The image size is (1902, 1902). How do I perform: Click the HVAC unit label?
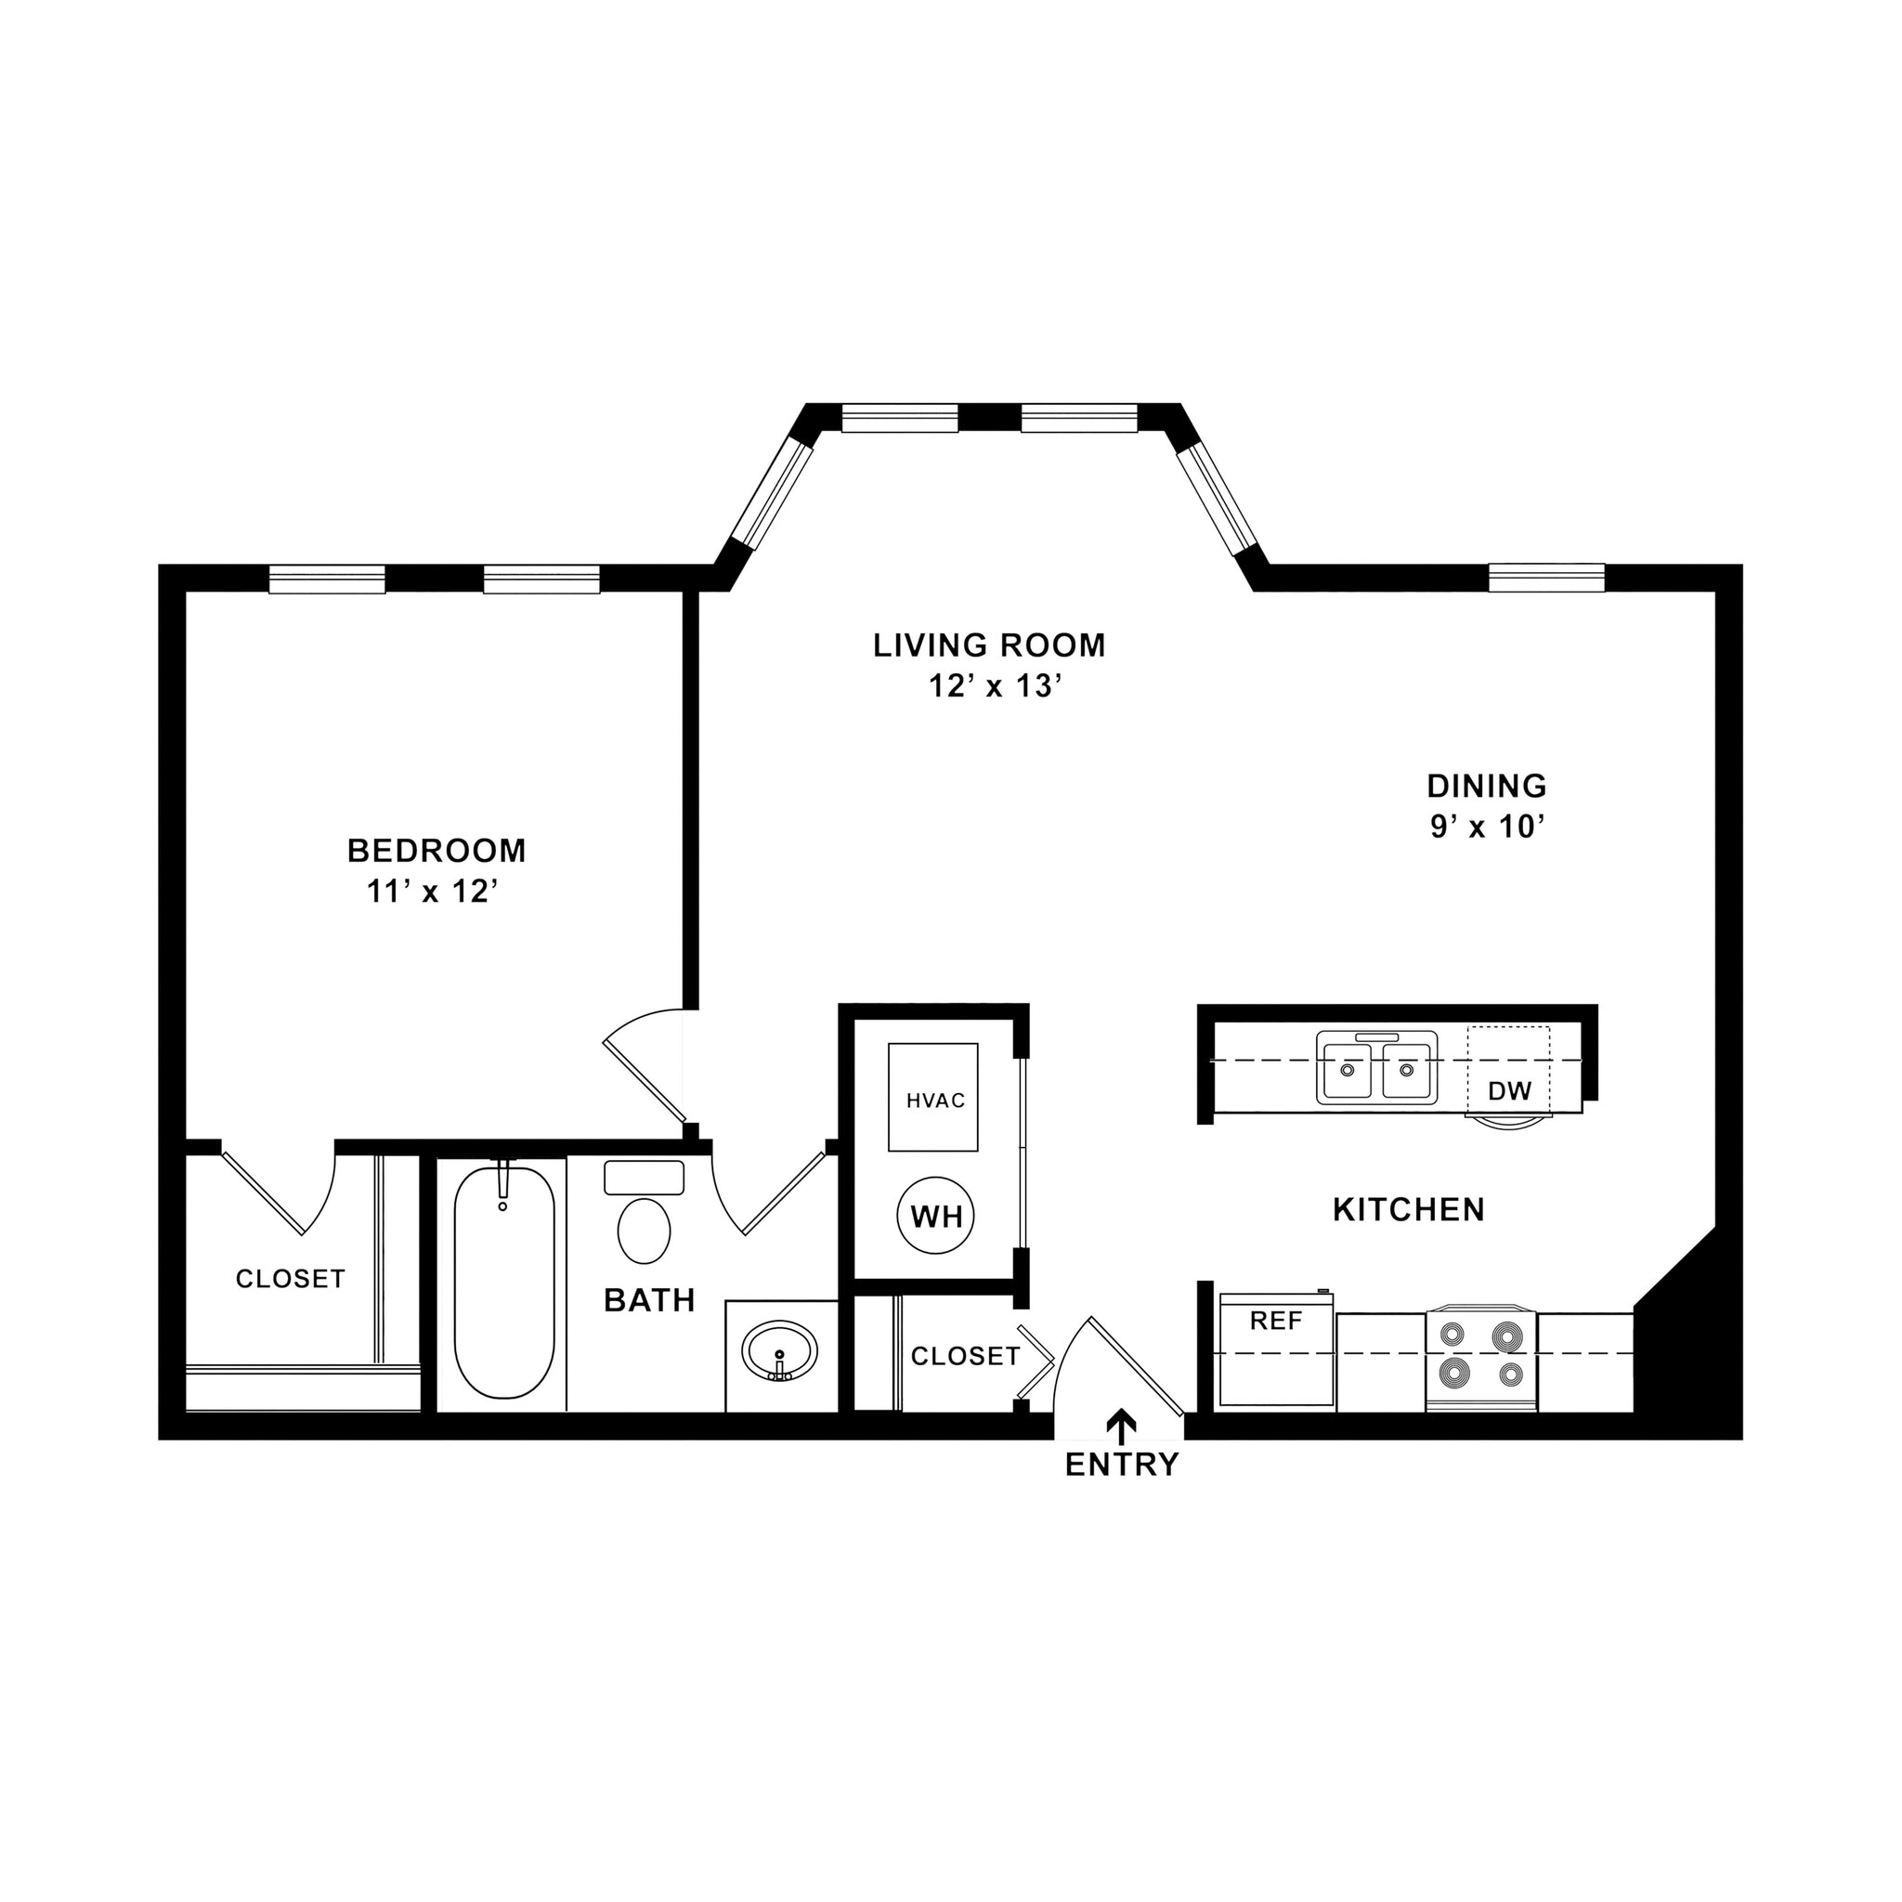tap(935, 1101)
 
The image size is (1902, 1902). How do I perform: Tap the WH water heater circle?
tap(935, 1217)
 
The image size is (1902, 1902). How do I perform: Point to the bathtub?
tap(503, 1281)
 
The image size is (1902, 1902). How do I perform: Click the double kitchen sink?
tap(1376, 1067)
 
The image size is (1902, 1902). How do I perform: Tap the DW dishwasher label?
tap(1509, 1091)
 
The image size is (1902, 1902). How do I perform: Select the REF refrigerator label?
tap(1276, 1322)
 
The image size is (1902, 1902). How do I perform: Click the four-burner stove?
tap(1480, 1357)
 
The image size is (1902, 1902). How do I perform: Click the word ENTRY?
tap(1121, 1466)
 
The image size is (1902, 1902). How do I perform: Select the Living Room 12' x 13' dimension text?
tap(995, 686)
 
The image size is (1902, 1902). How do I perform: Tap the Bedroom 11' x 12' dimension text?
tap(432, 891)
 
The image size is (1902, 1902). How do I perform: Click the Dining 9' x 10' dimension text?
tap(1486, 827)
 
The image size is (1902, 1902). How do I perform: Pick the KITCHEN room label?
tap(1408, 1210)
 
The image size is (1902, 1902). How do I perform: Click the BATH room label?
tap(650, 1300)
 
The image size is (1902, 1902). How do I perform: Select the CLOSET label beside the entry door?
tap(965, 1357)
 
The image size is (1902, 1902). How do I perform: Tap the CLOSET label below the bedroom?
tap(291, 1279)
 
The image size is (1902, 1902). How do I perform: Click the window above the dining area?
tap(1545, 577)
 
